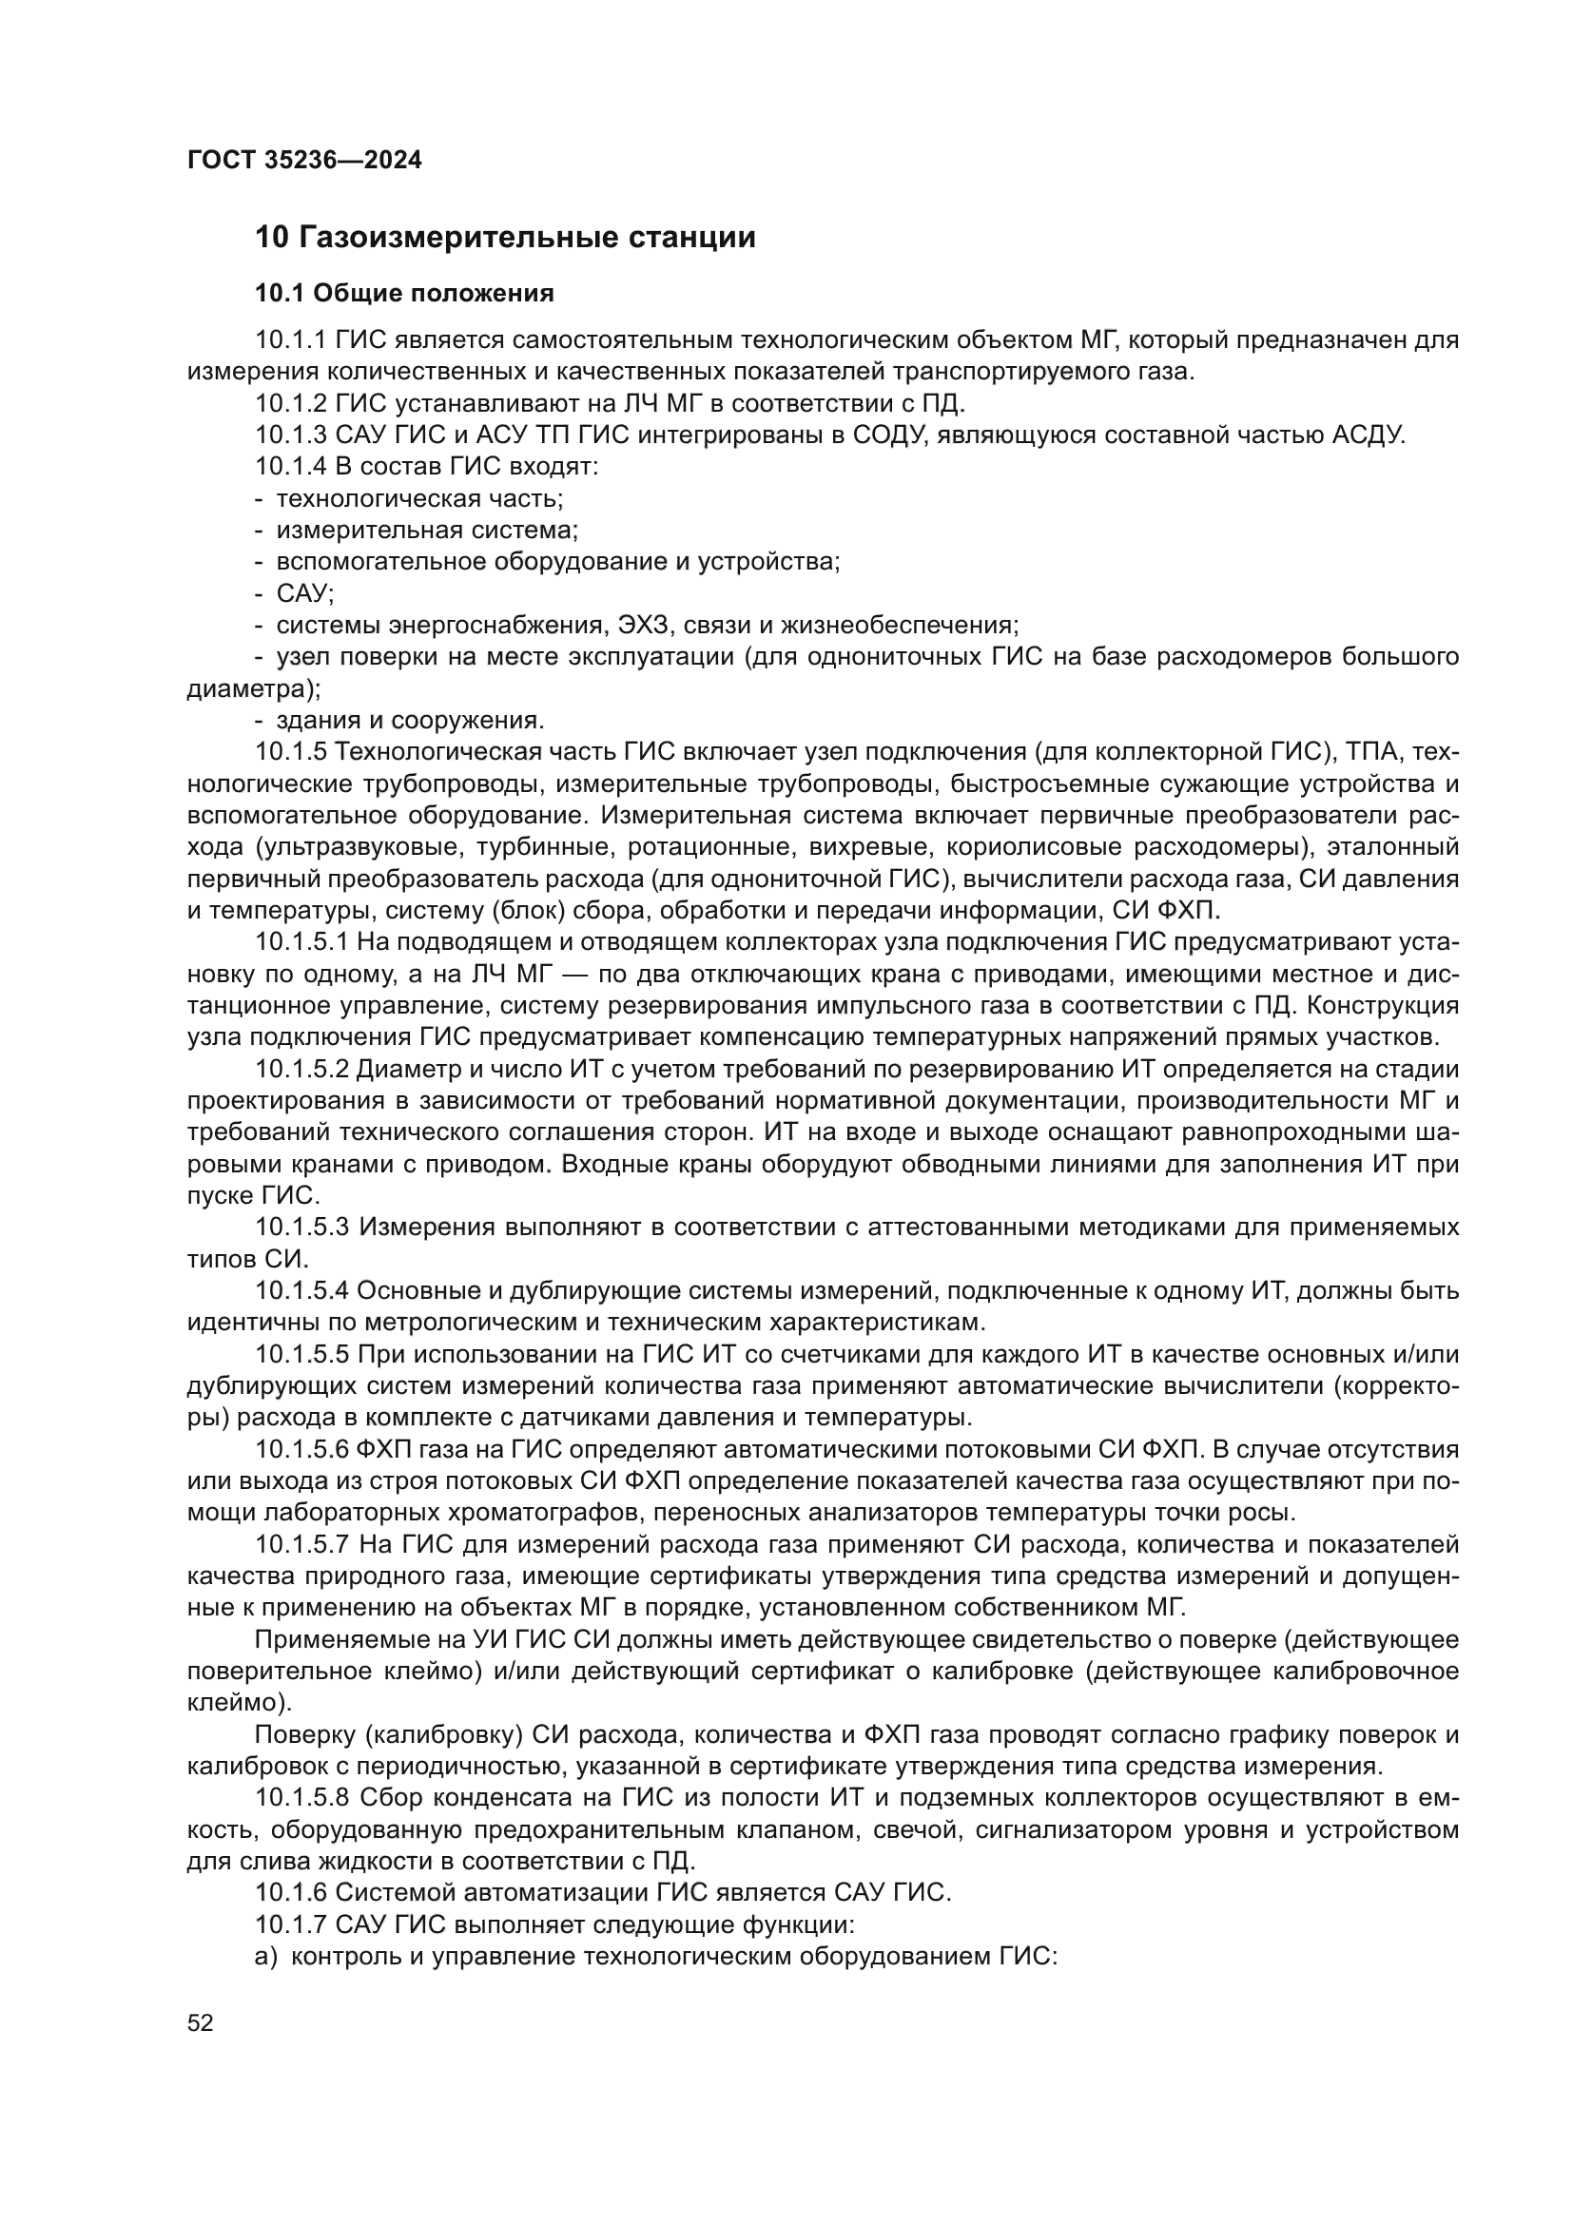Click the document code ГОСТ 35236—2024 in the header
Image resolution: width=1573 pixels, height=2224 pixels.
tap(304, 161)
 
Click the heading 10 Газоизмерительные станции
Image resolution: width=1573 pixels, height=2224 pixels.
tap(505, 238)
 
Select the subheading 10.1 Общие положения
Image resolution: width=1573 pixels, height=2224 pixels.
tap(404, 294)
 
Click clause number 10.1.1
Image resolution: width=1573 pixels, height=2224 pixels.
tap(292, 340)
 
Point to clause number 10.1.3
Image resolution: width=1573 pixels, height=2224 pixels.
tap(292, 435)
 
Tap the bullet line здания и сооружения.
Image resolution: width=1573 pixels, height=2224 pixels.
tap(410, 720)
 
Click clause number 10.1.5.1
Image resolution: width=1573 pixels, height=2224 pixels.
tap(304, 941)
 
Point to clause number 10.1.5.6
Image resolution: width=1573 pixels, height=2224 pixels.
tap(304, 1449)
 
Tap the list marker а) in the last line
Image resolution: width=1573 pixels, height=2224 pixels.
tap(266, 1957)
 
